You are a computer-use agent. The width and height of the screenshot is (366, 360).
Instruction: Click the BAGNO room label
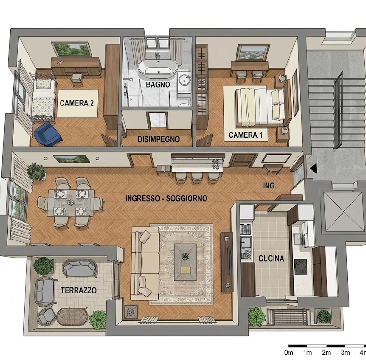(158, 84)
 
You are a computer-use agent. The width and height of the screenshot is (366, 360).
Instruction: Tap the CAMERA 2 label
(77, 103)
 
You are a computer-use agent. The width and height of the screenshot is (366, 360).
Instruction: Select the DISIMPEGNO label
(159, 139)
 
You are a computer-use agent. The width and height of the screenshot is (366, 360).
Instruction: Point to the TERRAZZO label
(79, 290)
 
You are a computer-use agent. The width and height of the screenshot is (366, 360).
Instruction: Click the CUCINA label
(272, 258)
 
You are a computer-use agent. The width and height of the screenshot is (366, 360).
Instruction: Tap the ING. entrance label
(270, 186)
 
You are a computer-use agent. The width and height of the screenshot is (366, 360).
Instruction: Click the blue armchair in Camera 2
(47, 135)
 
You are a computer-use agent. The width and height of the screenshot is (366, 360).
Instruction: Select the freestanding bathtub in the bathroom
(158, 68)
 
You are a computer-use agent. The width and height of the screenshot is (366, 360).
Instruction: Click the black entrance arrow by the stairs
(313, 168)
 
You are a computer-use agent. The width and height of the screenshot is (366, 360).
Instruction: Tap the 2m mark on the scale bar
(326, 353)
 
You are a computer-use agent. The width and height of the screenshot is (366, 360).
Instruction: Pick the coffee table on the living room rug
(185, 262)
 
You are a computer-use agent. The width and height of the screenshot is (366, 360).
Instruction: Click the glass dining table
(71, 202)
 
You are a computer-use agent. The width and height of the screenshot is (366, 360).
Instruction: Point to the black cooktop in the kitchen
(301, 267)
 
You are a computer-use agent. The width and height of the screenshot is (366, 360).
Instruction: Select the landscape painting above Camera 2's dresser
(72, 49)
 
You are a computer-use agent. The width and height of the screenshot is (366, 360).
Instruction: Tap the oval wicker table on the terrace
(72, 316)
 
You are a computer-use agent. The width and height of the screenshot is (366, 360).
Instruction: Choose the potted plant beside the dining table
(36, 172)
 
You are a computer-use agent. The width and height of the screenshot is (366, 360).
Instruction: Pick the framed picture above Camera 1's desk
(253, 52)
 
